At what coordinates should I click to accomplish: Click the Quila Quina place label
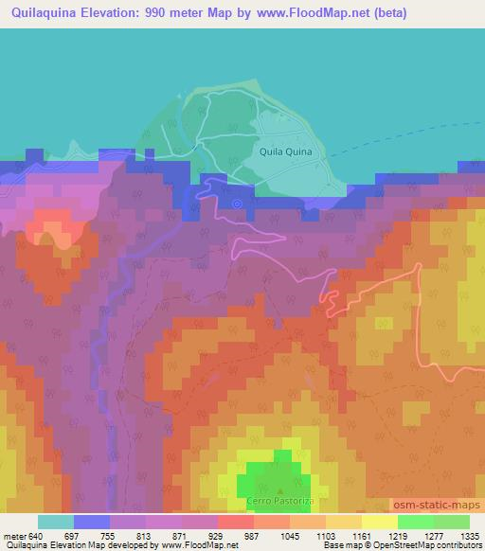pos(285,151)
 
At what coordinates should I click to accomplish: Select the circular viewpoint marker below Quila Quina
pos(237,202)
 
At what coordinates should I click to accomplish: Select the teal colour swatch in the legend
pos(55,522)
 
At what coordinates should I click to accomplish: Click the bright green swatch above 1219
pos(416,522)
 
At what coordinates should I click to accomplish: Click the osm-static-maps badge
pos(437,503)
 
